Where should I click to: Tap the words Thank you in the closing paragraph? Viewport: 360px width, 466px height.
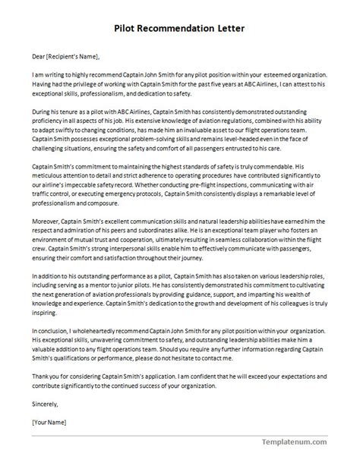pyautogui.click(x=46, y=376)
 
